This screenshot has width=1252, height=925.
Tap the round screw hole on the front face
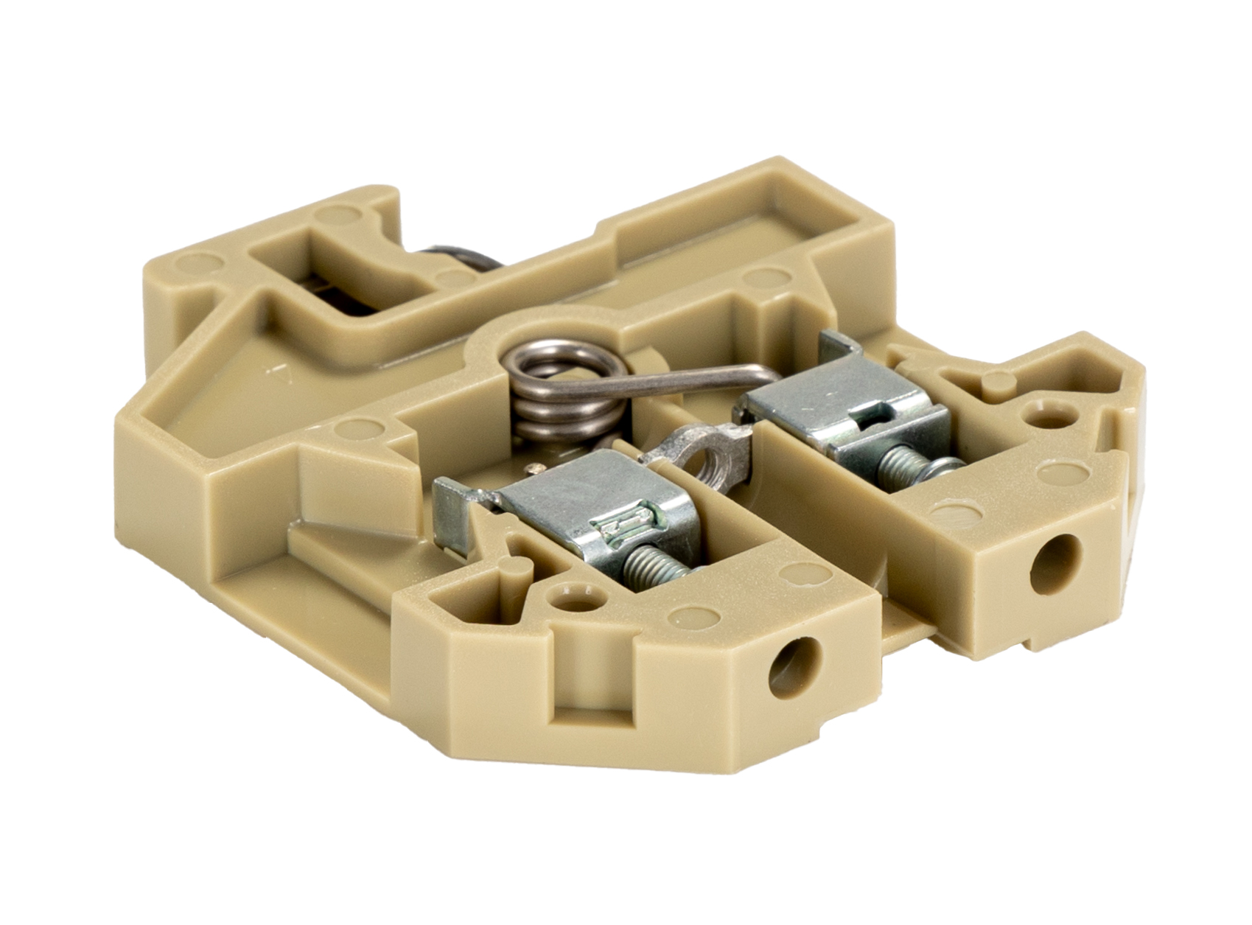791,668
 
